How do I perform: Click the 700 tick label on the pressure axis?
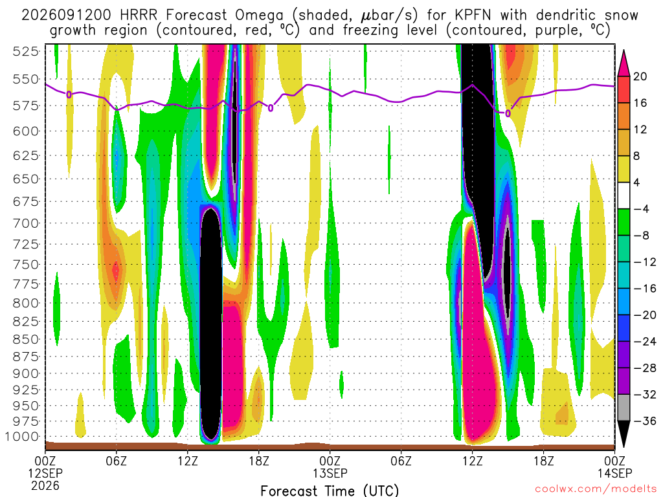26,223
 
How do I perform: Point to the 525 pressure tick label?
26,52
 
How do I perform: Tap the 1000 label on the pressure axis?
23,437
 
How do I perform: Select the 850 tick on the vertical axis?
26,339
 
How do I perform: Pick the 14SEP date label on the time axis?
615,473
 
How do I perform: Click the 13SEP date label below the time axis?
330,473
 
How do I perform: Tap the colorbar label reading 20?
640,76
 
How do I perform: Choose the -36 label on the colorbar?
645,421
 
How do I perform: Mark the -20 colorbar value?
645,315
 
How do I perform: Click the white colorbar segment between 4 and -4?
624,195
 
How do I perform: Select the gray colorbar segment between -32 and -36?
624,408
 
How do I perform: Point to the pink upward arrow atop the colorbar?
624,63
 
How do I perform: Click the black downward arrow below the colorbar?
624,434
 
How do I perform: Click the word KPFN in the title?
473,16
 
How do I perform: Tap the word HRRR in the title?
139,16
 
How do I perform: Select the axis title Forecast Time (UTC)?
330,491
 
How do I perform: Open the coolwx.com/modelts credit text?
596,489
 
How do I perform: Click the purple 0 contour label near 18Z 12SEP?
271,108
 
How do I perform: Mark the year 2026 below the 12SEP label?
45,485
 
